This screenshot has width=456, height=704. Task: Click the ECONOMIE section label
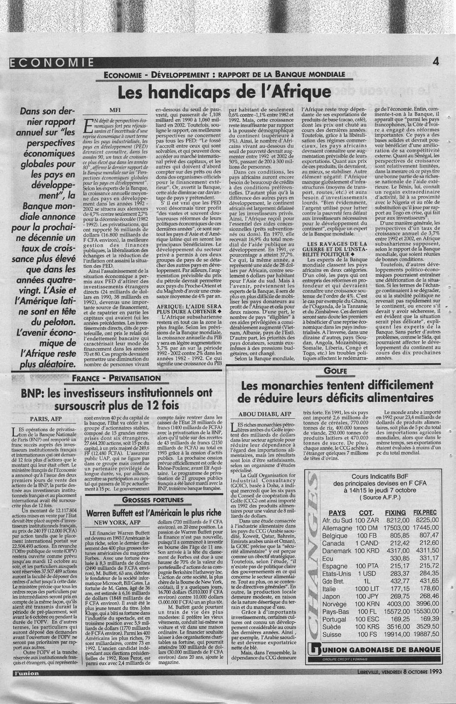51,62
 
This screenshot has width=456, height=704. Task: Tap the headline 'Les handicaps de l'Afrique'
223,92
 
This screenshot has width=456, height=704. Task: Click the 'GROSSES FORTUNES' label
153,500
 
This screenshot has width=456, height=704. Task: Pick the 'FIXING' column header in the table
395,513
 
